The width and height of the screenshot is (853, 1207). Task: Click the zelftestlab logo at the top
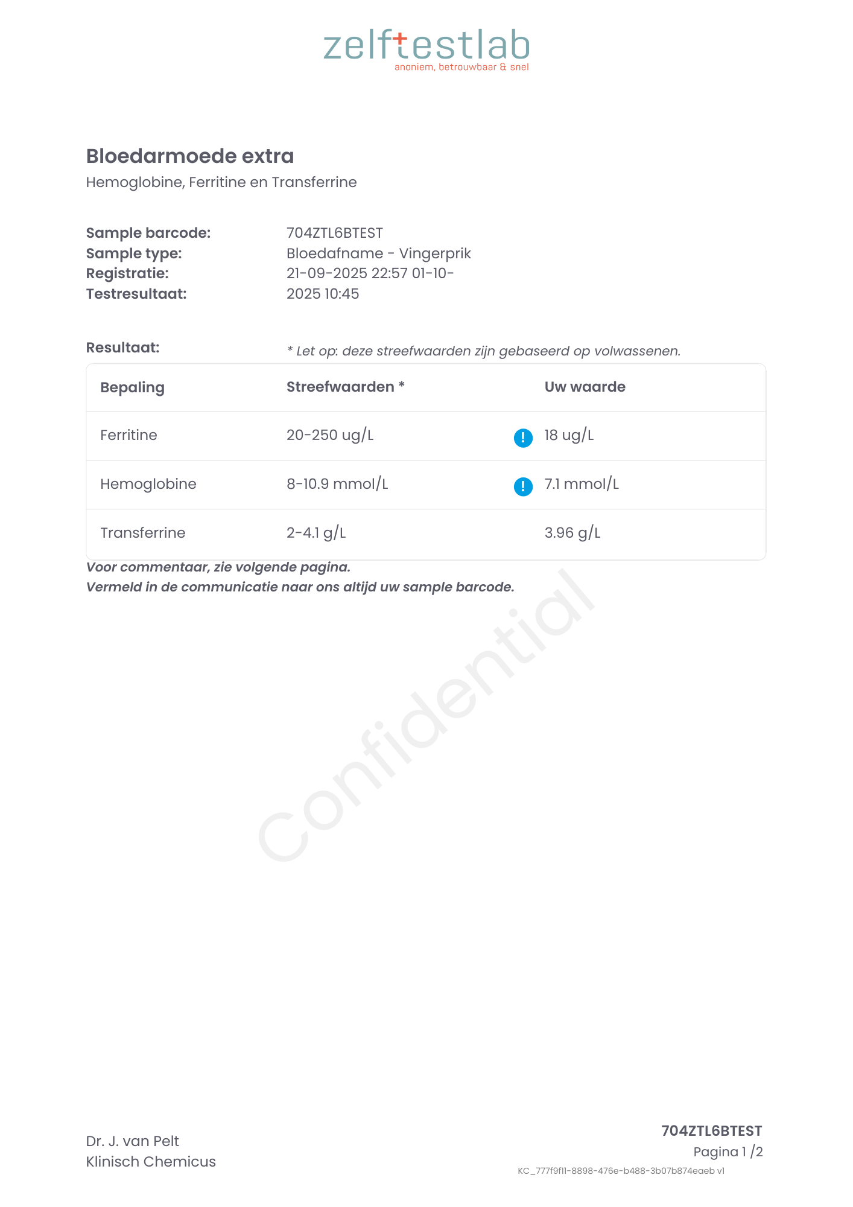pyautogui.click(x=426, y=48)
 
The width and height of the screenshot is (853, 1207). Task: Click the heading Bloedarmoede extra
pyautogui.click(x=190, y=156)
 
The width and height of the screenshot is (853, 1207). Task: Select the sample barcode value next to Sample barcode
pyautogui.click(x=335, y=233)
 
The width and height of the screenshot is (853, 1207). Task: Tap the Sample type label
pyautogui.click(x=134, y=253)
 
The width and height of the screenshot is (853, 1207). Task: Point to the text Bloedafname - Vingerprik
pyautogui.click(x=378, y=253)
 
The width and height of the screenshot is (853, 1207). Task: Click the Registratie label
pyautogui.click(x=127, y=273)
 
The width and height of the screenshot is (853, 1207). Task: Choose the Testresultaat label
pyautogui.click(x=136, y=294)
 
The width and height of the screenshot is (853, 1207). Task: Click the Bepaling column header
pyautogui.click(x=132, y=387)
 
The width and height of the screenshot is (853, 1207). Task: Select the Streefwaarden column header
pyautogui.click(x=345, y=387)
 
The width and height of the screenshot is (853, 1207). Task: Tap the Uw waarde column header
pyautogui.click(x=585, y=387)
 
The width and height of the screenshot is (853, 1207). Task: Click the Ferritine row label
pyautogui.click(x=128, y=435)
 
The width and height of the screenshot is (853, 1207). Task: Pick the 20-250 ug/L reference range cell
pyautogui.click(x=330, y=435)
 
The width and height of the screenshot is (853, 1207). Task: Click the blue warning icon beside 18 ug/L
pyautogui.click(x=523, y=438)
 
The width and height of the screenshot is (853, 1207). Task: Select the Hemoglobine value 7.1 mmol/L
pyautogui.click(x=582, y=484)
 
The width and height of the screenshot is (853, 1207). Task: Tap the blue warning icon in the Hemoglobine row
pyautogui.click(x=523, y=486)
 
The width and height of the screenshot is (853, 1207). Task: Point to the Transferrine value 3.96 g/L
pyautogui.click(x=572, y=533)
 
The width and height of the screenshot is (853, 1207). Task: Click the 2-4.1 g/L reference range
pyautogui.click(x=316, y=533)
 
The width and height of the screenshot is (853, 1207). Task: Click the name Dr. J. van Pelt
pyautogui.click(x=133, y=1141)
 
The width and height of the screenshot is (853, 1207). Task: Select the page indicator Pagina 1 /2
pyautogui.click(x=728, y=1152)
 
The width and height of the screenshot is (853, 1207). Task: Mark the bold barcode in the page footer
pyautogui.click(x=712, y=1131)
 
